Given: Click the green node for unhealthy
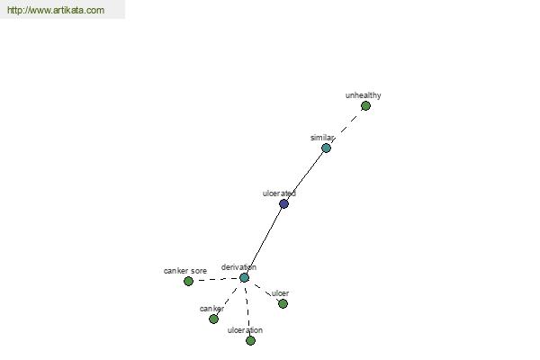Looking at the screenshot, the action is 365,106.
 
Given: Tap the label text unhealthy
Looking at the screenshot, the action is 363,95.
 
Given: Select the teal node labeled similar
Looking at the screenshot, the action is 326,148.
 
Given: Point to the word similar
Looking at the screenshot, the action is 322,138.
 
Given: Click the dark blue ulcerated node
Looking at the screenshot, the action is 283,204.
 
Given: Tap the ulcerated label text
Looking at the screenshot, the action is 279,193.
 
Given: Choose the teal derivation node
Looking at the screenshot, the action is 244,278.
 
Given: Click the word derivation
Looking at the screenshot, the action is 238,267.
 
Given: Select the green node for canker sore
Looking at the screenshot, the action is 188,282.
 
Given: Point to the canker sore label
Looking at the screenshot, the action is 185,271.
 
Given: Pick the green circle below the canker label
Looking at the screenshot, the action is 213,319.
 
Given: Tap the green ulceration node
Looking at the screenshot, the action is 251,341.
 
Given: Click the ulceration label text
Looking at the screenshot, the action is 245,330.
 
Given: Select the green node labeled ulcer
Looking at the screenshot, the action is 283,304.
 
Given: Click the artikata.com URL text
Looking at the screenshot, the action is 56,10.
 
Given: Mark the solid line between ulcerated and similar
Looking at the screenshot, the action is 305,176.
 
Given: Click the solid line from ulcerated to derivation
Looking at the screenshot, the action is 264,241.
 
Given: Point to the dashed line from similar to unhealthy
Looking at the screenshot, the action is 346,127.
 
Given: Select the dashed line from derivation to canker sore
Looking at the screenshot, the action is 216,279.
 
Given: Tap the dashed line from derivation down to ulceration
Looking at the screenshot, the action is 247,309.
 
